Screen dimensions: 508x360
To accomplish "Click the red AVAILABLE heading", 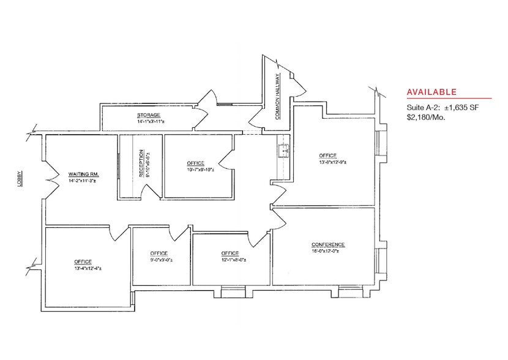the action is point(431,92).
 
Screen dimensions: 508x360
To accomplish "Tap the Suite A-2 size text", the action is point(443,108).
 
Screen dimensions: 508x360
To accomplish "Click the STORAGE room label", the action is point(148,115).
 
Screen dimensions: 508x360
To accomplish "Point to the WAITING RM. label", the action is point(84,174).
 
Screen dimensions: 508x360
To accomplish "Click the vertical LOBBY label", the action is point(20,179).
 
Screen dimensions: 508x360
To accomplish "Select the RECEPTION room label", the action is point(141,163).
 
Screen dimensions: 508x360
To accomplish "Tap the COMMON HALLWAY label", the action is point(278,97).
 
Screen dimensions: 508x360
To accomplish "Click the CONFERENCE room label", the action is point(328,244).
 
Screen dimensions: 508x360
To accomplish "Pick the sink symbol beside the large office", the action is point(284,151).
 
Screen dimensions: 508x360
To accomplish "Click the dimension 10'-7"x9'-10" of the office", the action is point(200,170).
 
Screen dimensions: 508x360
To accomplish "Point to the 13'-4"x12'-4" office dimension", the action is point(88,268).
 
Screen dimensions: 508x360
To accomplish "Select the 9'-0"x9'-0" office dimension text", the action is point(162,260).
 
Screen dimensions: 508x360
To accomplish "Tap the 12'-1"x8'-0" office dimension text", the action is point(233,260).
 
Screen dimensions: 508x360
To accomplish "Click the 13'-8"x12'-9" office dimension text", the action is point(333,162).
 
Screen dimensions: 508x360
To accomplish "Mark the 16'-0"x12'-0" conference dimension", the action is point(325,251).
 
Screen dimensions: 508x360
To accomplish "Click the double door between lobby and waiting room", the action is point(51,179).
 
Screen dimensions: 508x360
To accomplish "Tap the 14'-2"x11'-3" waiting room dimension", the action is point(82,181).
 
